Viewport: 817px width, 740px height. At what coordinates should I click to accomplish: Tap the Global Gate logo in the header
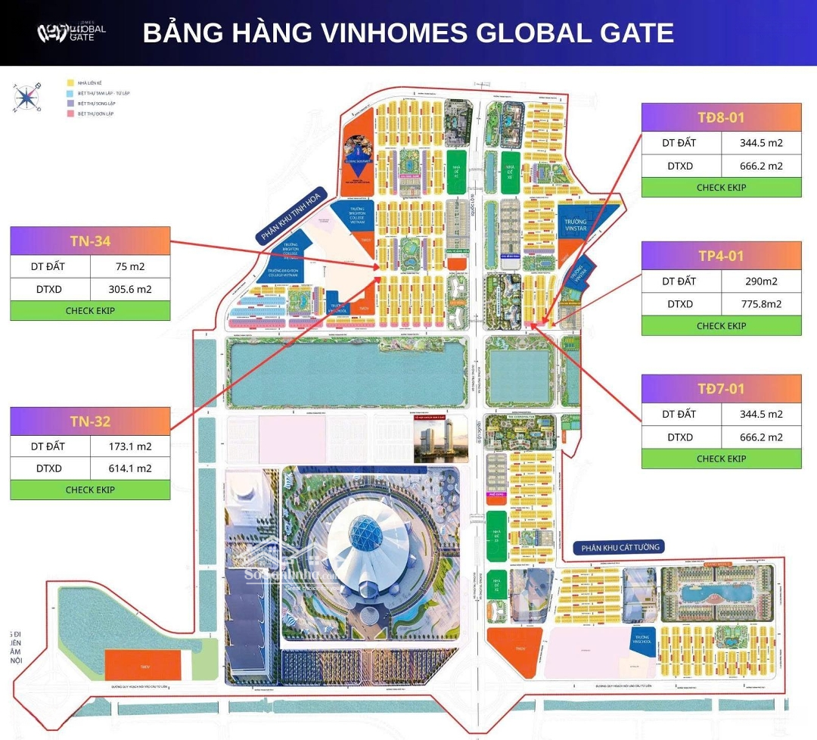point(72,33)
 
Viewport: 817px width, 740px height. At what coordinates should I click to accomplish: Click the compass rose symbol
point(27,97)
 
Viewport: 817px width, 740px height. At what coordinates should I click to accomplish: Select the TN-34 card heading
point(90,241)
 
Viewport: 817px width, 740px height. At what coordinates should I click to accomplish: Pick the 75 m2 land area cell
point(130,266)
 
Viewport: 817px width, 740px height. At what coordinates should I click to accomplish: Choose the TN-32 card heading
point(90,421)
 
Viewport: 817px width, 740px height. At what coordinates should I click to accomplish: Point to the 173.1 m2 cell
point(130,446)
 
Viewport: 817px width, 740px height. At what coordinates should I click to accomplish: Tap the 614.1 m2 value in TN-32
point(130,468)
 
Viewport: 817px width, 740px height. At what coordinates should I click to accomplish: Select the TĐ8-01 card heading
point(721,117)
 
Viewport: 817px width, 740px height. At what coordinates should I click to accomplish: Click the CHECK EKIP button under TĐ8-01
point(721,188)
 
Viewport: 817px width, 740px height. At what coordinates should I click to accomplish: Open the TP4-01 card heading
point(721,256)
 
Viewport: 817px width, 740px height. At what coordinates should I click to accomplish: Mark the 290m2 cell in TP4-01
point(761,281)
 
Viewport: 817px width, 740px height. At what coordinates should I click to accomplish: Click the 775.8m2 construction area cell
point(761,303)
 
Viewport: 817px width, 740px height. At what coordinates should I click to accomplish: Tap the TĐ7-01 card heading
point(721,389)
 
